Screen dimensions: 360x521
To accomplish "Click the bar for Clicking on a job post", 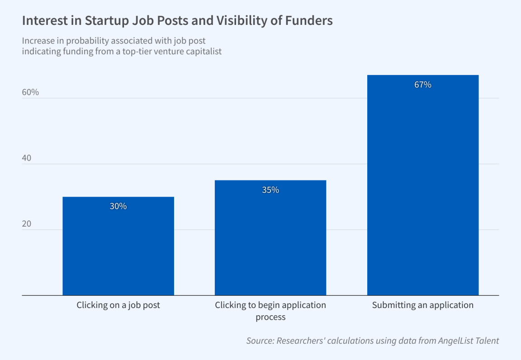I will pyautogui.click(x=118, y=246).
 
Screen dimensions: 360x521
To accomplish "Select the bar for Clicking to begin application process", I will pyautogui.click(x=270, y=238).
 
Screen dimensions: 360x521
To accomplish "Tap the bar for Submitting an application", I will pyautogui.click(x=423, y=185).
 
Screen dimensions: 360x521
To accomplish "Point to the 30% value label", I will pyautogui.click(x=118, y=206).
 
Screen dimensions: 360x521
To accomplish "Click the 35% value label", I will pyautogui.click(x=270, y=190).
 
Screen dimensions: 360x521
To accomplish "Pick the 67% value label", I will pyautogui.click(x=423, y=85).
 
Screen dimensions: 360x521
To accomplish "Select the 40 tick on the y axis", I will pyautogui.click(x=27, y=158).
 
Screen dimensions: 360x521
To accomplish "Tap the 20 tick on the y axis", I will pyautogui.click(x=27, y=224).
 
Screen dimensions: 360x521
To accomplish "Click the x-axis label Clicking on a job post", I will pyautogui.click(x=118, y=305).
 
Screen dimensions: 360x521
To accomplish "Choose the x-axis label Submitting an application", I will pyautogui.click(x=423, y=305).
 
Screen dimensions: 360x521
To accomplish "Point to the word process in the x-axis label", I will pyautogui.click(x=270, y=317).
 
